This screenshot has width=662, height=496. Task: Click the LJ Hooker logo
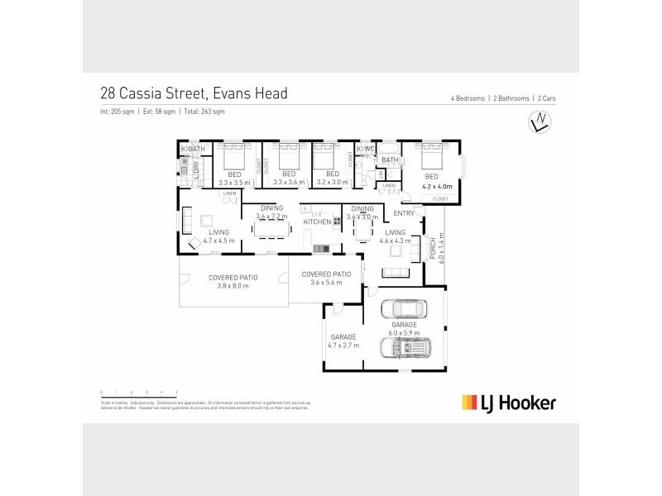tap(508, 403)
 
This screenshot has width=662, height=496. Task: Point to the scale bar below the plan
tap(139, 391)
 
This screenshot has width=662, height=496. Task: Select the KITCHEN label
tap(317, 222)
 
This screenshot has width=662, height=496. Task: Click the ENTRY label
tap(404, 213)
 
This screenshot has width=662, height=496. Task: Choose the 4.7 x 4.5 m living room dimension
tap(218, 241)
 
